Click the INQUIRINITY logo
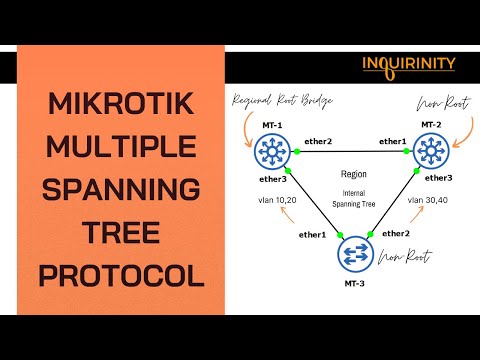[408, 64]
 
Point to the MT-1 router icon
[269, 151]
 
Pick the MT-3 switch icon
[351, 253]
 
